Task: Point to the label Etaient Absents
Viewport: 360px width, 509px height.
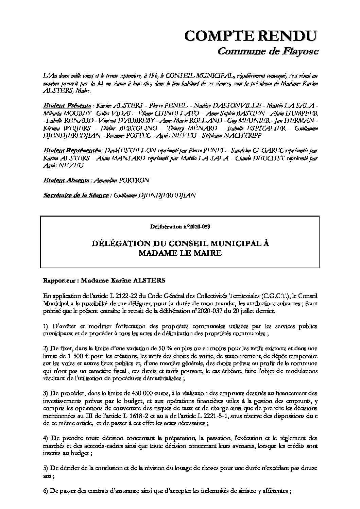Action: point(66,180)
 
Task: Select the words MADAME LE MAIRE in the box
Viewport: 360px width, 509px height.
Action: point(180,253)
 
